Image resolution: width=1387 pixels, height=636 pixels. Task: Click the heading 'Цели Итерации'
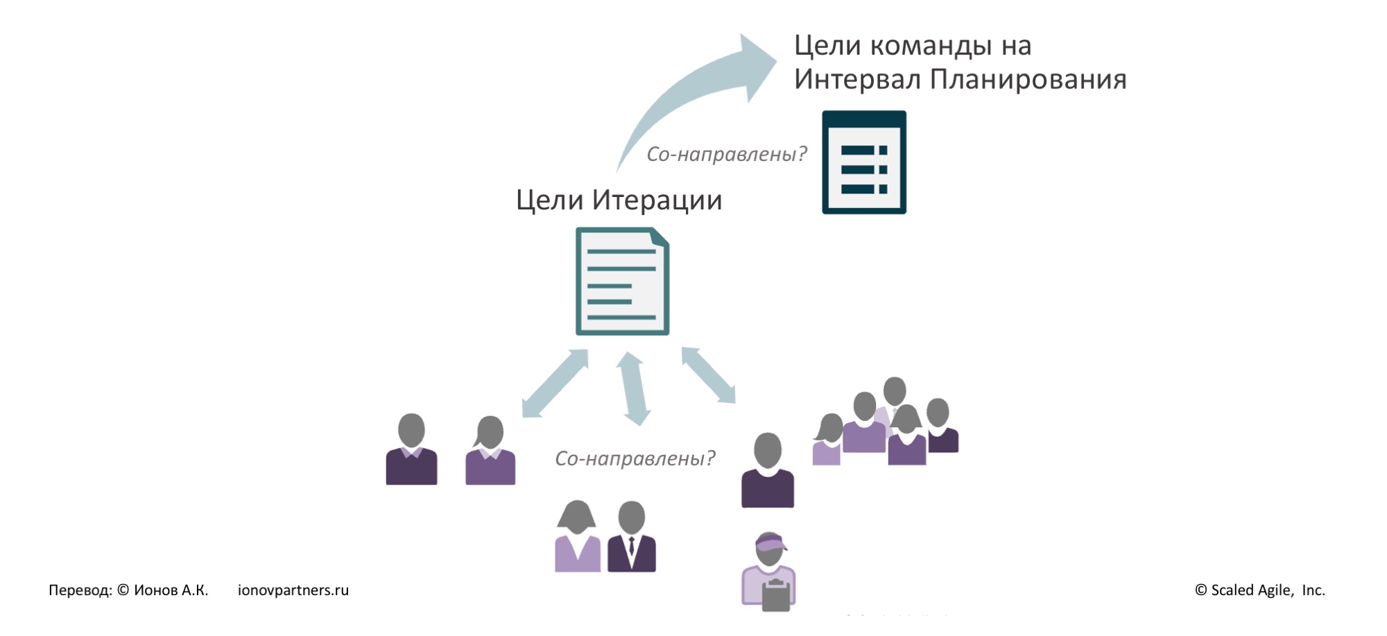click(x=619, y=200)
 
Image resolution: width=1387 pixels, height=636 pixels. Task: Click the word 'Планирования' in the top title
click(x=1028, y=80)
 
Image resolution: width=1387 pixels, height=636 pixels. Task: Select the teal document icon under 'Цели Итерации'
click(x=622, y=282)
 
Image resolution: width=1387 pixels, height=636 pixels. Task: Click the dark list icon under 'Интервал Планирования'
click(x=863, y=162)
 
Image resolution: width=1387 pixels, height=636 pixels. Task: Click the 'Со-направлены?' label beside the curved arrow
click(x=726, y=154)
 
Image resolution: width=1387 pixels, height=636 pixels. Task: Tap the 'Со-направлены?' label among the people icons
click(x=635, y=458)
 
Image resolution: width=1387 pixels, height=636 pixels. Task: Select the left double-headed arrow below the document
click(x=555, y=383)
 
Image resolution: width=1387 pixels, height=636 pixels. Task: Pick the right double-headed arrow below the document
click(x=708, y=375)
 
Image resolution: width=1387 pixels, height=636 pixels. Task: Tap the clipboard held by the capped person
click(x=776, y=596)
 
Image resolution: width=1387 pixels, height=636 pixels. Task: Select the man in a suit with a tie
click(x=632, y=537)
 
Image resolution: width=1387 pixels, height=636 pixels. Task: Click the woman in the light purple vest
click(x=577, y=537)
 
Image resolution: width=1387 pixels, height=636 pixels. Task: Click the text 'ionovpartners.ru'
click(x=293, y=590)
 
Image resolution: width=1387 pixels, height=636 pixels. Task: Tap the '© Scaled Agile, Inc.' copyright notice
click(x=1259, y=590)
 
